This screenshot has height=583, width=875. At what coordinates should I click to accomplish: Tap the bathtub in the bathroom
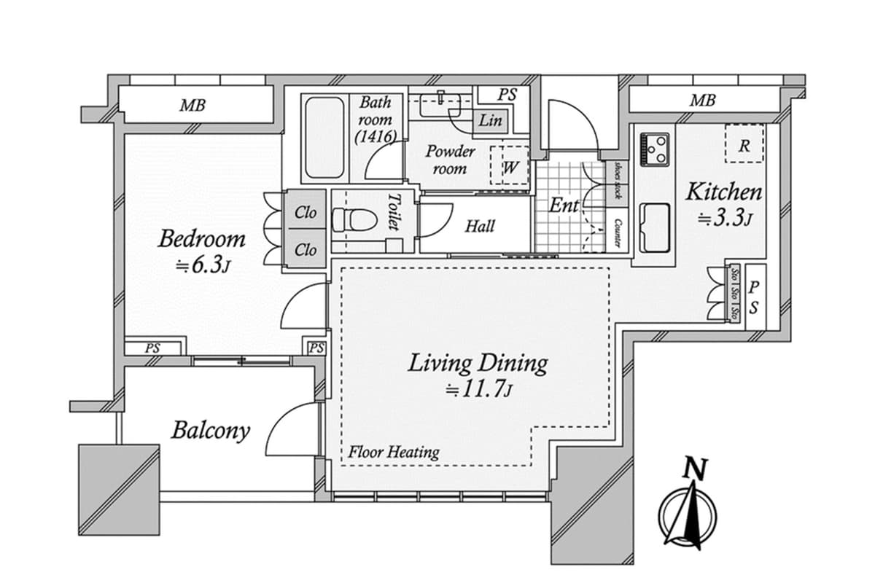point(324,138)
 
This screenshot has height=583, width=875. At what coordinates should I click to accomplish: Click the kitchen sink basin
point(654,227)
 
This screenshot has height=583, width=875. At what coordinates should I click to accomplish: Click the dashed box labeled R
point(744,144)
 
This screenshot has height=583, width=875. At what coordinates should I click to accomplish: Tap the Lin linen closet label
point(490,121)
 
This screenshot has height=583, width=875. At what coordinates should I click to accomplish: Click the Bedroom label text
point(202,239)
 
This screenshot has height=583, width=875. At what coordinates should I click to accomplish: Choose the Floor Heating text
point(394,452)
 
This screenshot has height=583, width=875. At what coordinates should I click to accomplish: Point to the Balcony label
point(210,430)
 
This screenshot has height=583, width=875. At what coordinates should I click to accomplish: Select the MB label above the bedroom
point(192,105)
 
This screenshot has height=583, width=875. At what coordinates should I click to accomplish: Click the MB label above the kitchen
point(701,101)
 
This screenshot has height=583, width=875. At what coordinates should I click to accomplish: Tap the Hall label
point(479,226)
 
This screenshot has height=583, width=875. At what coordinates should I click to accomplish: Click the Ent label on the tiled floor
point(564,206)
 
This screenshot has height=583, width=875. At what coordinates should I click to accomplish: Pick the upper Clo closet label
point(306,214)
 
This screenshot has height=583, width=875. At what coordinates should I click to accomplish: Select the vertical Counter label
point(618,232)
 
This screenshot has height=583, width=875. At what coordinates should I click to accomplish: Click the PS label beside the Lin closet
point(507,95)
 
